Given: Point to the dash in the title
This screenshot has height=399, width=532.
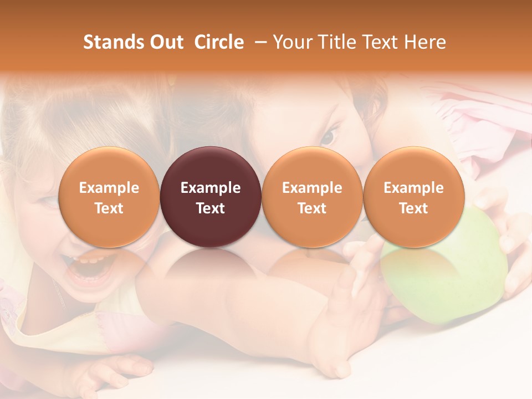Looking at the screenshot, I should coord(258,43).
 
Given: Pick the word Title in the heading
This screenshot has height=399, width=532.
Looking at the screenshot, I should coord(335,42).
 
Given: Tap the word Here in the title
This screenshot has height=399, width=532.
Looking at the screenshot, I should coord(426,42).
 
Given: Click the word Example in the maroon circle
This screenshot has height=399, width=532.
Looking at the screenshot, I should coord(211,188).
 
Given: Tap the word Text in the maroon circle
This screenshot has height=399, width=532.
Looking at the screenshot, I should coord(211,208).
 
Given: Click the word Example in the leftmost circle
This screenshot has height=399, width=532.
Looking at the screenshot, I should coord(109,188).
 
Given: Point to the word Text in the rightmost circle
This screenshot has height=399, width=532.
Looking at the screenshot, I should coord(413,208).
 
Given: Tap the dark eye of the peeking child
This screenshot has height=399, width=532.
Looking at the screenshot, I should coord(329,135).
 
